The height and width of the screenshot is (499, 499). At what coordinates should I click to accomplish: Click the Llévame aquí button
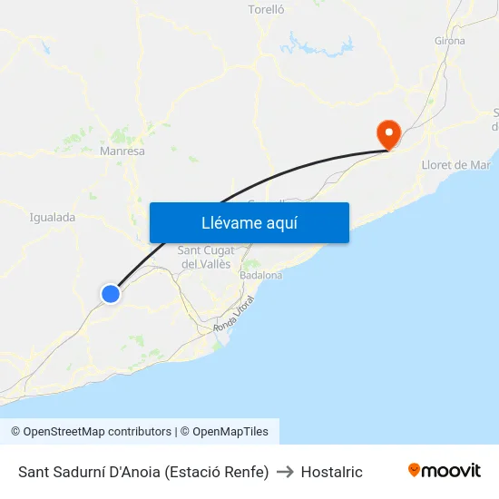(249, 222)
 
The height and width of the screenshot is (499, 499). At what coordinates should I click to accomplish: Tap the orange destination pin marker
(388, 134)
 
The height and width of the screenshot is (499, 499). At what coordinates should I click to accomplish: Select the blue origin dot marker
(111, 293)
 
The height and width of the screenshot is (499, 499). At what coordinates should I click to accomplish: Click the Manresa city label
(122, 152)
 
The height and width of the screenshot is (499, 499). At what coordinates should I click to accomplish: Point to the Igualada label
(53, 218)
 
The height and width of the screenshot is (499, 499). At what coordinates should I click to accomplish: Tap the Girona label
(450, 41)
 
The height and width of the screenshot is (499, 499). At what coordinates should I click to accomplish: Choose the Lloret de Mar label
(455, 165)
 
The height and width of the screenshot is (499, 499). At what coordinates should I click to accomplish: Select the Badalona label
(261, 275)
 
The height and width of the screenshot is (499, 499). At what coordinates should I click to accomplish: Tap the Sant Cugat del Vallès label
(207, 257)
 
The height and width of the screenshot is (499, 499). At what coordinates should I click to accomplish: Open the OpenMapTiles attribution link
(230, 432)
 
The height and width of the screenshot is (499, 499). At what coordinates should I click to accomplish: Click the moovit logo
(444, 471)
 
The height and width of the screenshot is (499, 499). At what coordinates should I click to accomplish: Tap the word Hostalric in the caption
(331, 472)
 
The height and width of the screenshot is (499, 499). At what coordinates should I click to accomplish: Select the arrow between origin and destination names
(285, 472)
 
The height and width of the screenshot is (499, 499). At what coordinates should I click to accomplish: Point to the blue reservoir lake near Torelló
(316, 44)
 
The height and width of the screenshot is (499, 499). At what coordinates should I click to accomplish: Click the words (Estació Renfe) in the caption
(217, 472)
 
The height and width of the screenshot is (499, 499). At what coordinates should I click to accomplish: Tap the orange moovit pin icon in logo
(415, 470)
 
